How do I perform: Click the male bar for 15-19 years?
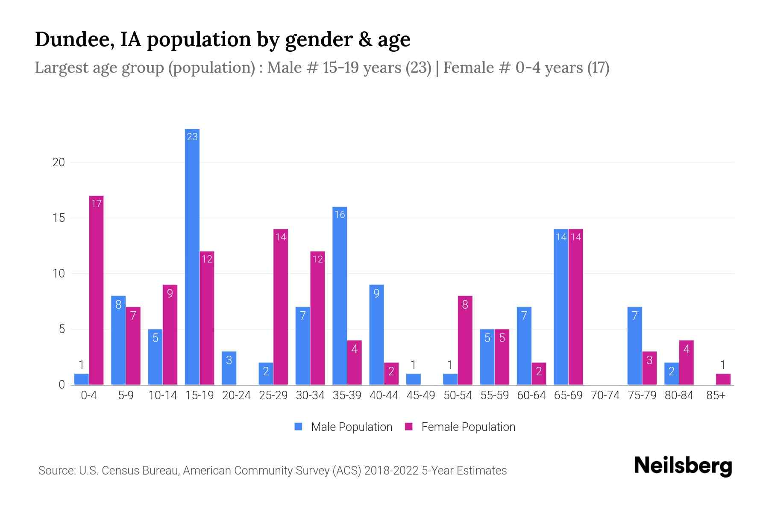pyautogui.click(x=192, y=256)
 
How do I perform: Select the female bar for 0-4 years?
pyautogui.click(x=96, y=291)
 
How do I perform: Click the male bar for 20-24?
pyautogui.click(x=229, y=368)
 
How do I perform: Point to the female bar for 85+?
pyautogui.click(x=723, y=379)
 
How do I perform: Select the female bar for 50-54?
pyautogui.click(x=465, y=340)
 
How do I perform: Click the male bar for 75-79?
pyautogui.click(x=634, y=346)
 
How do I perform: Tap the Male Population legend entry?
pyautogui.click(x=343, y=427)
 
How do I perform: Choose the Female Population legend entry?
pyautogui.click(x=460, y=427)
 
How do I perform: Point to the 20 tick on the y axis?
pyautogui.click(x=59, y=162)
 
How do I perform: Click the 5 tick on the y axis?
pyautogui.click(x=62, y=329)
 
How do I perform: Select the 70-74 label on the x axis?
pyautogui.click(x=605, y=395)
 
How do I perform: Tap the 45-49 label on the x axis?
pyautogui.click(x=420, y=395)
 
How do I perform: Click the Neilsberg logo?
pyautogui.click(x=683, y=466)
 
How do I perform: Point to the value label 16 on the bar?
pyautogui.click(x=340, y=215)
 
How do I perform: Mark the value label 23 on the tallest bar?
pyautogui.click(x=192, y=137)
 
